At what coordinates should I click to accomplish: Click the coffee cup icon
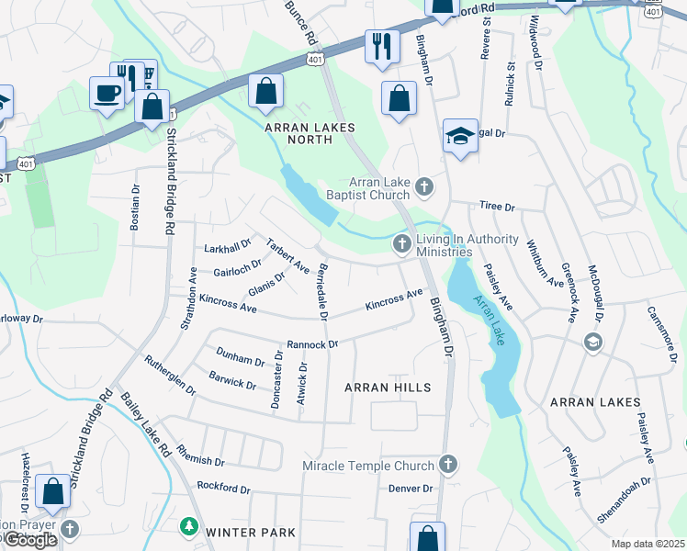click(107, 93)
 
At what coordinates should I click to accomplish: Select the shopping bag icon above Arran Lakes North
click(265, 91)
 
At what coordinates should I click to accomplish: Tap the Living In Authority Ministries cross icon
click(401, 243)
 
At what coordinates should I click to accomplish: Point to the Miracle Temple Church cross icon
click(447, 464)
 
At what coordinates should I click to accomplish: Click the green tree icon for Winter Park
click(188, 526)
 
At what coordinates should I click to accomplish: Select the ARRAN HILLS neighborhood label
click(388, 388)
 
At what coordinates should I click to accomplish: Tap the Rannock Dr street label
click(312, 344)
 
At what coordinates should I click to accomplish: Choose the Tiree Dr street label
click(497, 208)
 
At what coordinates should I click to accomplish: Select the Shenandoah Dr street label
click(624, 500)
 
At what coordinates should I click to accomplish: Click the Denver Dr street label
click(410, 489)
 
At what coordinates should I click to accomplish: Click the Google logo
click(30, 540)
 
